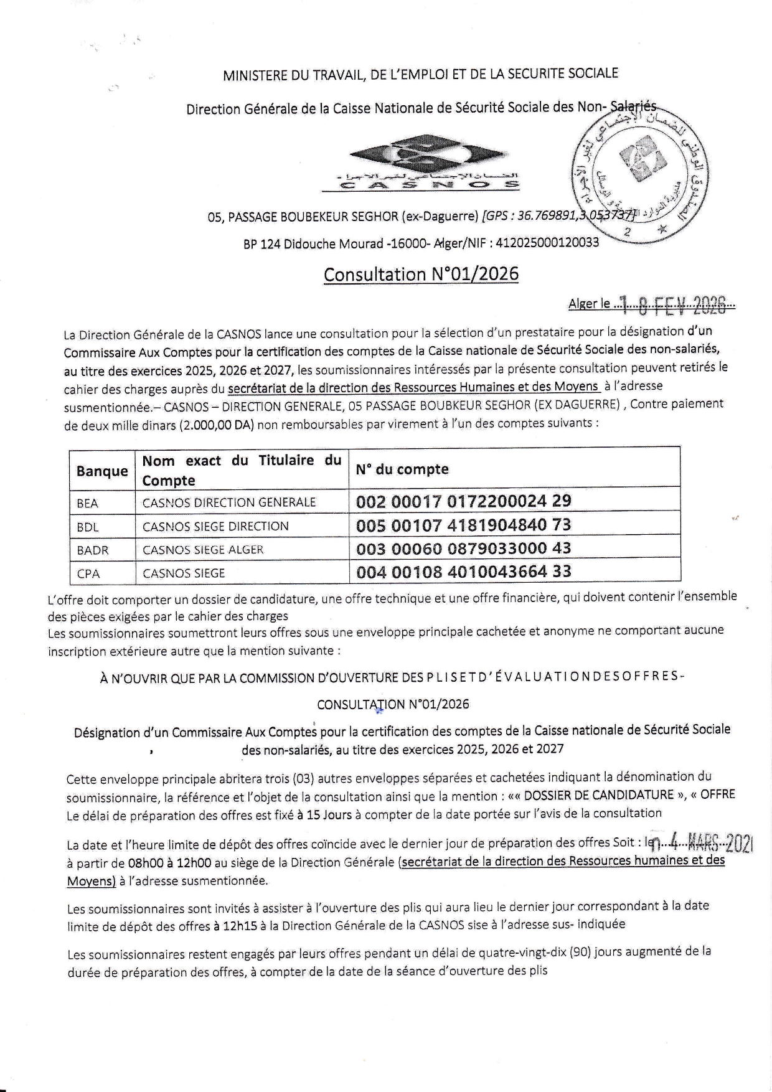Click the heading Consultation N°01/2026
click(x=421, y=275)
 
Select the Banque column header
click(x=102, y=471)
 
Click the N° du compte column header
click(x=402, y=469)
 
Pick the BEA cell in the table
click(x=88, y=503)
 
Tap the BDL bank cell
click(x=88, y=527)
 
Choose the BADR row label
click(x=93, y=550)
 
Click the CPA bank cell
click(x=88, y=573)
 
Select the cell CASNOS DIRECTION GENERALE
click(x=229, y=502)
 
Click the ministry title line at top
click(x=420, y=75)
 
